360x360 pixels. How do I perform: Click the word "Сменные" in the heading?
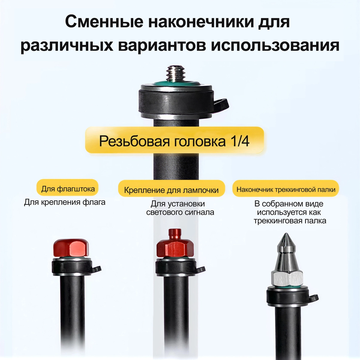click(x=104, y=22)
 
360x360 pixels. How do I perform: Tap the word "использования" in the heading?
click(x=275, y=46)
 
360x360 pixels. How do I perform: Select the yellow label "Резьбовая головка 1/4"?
click(x=174, y=140)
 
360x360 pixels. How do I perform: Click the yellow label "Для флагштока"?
click(x=67, y=189)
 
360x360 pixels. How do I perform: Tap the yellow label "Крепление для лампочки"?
click(x=171, y=190)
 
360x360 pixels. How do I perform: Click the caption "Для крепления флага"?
click(x=64, y=202)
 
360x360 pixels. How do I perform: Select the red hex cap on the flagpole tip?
click(x=71, y=248)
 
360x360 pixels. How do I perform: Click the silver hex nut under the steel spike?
click(x=287, y=278)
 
